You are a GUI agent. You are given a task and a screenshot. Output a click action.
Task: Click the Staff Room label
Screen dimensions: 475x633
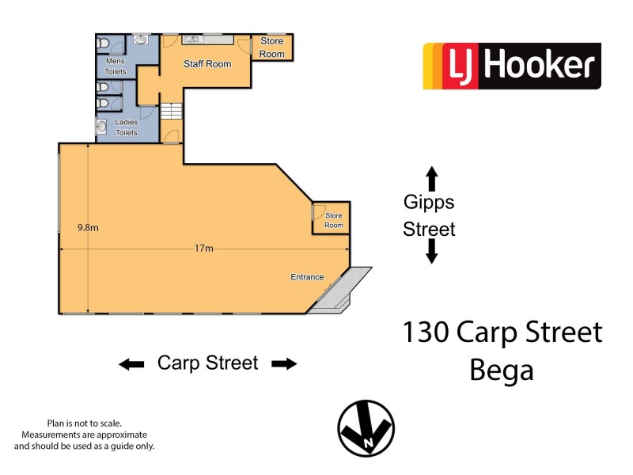click(207, 63)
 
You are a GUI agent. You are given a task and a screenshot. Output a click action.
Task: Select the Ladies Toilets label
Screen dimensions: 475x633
click(127, 127)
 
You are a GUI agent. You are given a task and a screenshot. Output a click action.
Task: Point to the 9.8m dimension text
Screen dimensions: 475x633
click(88, 228)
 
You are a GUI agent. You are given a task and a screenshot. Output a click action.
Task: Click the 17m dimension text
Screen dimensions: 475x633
click(204, 249)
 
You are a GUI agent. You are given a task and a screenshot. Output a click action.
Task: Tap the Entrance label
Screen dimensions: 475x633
click(307, 277)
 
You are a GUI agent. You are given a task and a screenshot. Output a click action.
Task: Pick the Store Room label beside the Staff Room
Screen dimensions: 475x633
click(272, 47)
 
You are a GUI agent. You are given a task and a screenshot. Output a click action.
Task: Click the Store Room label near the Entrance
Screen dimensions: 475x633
click(334, 220)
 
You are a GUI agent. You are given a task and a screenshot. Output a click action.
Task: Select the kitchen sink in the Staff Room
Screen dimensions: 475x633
click(192, 38)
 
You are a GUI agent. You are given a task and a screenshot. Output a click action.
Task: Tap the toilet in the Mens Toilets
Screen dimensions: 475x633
click(104, 44)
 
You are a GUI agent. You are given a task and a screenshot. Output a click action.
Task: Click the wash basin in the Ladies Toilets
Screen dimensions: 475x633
click(102, 124)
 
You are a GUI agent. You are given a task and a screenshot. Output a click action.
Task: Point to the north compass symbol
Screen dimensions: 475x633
click(366, 428)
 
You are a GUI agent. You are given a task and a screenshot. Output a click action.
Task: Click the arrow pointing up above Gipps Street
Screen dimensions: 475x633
click(431, 177)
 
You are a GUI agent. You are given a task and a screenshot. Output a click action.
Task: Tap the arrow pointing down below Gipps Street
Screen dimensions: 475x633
click(431, 252)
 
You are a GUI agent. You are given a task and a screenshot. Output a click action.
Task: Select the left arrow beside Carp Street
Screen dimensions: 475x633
click(131, 364)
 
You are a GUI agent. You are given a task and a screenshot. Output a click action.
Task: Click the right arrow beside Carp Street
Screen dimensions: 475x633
click(284, 364)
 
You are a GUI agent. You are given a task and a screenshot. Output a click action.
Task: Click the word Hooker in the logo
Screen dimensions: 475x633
click(538, 66)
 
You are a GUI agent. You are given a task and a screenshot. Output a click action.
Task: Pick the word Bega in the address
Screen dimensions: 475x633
click(502, 370)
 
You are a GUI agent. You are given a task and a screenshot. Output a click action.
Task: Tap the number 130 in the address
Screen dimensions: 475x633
click(426, 332)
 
